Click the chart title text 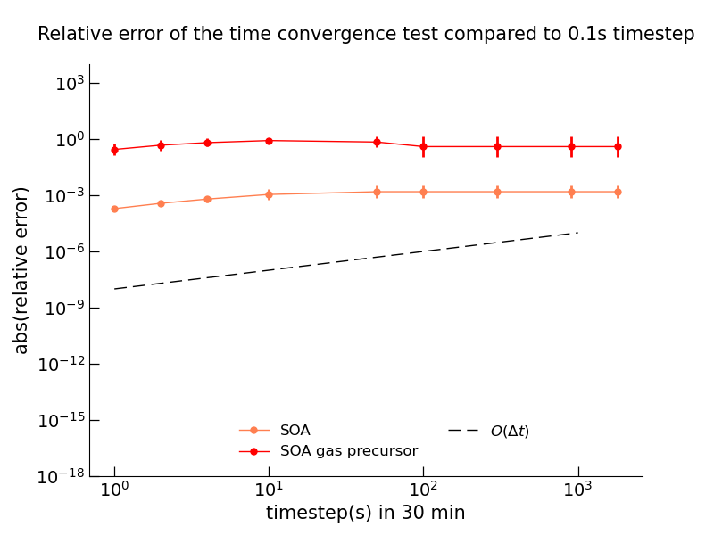pyautogui.click(x=366, y=35)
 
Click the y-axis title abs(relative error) pyautogui.click(x=22, y=270)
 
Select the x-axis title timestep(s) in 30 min pyautogui.click(x=365, y=513)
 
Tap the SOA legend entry pyautogui.click(x=295, y=431)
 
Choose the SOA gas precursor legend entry pyautogui.click(x=348, y=451)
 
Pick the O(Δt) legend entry pyautogui.click(x=509, y=432)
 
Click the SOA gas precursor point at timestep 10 pyautogui.click(x=269, y=141)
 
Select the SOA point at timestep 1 pyautogui.click(x=114, y=209)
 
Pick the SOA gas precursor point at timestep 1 pyautogui.click(x=114, y=150)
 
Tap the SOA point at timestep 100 pyautogui.click(x=423, y=192)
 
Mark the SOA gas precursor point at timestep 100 pyautogui.click(x=423, y=146)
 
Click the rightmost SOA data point pyautogui.click(x=618, y=192)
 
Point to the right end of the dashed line pyautogui.click(x=577, y=233)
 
